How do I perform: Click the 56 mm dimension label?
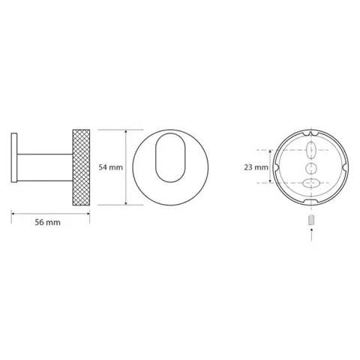47,222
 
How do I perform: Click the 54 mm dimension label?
110,167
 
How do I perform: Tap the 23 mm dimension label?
256,167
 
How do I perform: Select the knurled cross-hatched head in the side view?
81,167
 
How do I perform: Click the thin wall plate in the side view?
14,157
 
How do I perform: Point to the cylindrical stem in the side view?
45,167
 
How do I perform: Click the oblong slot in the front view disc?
171,157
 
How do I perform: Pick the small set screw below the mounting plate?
311,220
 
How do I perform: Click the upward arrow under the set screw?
311,235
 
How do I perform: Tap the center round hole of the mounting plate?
311,168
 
